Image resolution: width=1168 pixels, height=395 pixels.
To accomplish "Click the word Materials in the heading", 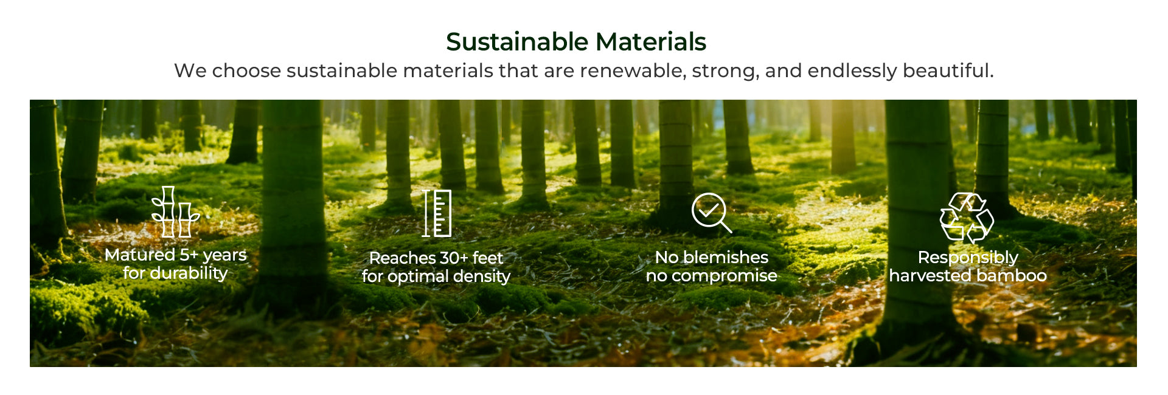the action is (651, 42).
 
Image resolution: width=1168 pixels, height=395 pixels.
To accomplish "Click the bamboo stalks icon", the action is (175, 211).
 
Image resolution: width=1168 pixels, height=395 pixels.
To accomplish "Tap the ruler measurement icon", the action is (437, 213).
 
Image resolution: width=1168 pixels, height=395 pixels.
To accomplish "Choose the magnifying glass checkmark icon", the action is (711, 213).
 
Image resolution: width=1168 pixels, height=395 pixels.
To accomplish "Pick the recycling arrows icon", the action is (967, 218).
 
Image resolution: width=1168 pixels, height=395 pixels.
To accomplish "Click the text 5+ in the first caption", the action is (189, 255).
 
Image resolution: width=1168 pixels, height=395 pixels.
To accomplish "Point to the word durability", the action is (189, 273).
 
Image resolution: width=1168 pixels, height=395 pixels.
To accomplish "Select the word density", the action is (482, 276).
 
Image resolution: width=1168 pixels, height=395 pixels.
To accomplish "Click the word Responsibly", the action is (968, 258).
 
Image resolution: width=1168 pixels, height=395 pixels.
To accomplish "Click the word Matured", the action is (140, 255).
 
